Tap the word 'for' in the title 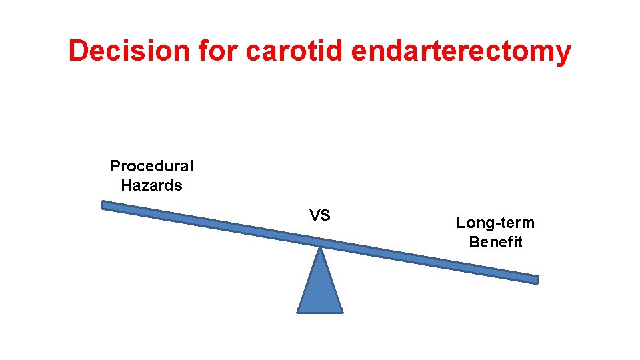(213, 51)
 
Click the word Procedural (152, 166)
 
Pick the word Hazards (152, 185)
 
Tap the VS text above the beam (319, 215)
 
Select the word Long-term (495, 223)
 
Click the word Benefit (495, 242)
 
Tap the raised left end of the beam (105, 205)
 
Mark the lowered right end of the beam (535, 279)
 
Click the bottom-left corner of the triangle (298, 311)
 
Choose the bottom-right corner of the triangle (342, 311)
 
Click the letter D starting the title (79, 51)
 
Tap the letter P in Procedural (115, 166)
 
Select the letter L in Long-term (460, 223)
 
